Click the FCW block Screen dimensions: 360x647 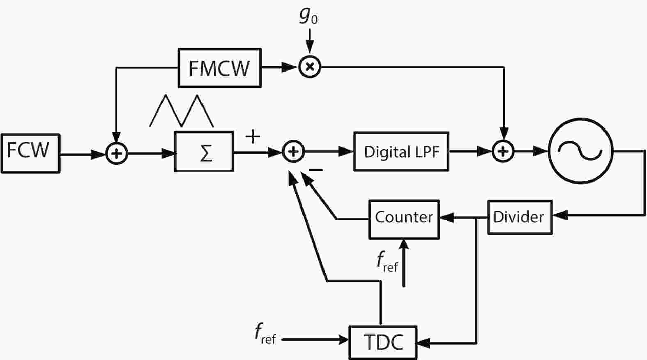(x=30, y=153)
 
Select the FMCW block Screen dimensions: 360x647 (x=219, y=68)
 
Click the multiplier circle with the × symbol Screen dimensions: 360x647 (x=309, y=67)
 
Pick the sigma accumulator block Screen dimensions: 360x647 (x=204, y=152)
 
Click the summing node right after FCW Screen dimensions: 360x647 (x=117, y=154)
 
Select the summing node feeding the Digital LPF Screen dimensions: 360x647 (x=293, y=152)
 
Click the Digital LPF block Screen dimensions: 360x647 (x=401, y=152)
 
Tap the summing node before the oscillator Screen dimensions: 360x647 (x=503, y=151)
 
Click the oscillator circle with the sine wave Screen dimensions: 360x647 (x=581, y=151)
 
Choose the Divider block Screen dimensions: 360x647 (x=519, y=217)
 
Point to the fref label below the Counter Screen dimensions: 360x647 (x=387, y=262)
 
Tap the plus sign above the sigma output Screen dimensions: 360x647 (x=253, y=136)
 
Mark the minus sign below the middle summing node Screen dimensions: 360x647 (x=315, y=170)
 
